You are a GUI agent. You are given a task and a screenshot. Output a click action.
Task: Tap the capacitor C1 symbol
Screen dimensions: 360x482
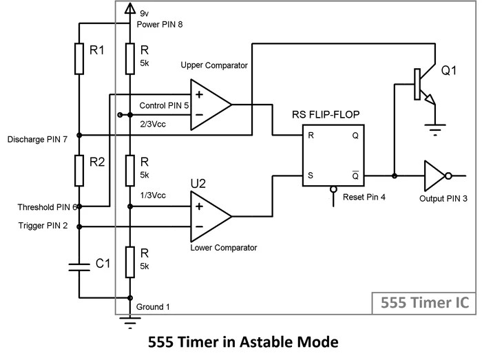point(79,264)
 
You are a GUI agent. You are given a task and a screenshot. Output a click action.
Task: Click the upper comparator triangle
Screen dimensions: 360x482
point(209,105)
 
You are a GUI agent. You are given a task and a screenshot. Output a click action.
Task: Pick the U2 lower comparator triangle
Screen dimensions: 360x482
point(209,216)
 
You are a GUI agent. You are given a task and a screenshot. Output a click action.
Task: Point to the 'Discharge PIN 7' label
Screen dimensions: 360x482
point(37,139)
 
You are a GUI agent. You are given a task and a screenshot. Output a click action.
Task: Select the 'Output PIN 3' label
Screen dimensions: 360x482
point(443,198)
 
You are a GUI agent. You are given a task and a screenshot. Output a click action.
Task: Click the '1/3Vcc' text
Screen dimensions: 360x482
point(154,195)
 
